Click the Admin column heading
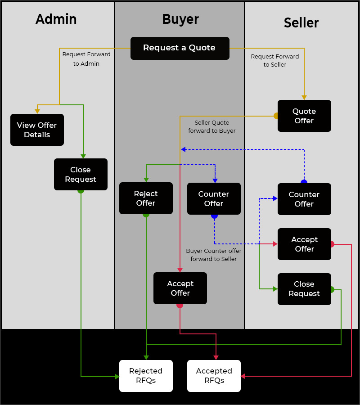pos(56,19)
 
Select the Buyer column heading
pos(180,19)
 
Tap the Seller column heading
pos(301,23)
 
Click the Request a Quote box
pos(180,48)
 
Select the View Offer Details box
pos(37,130)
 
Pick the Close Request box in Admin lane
pos(81,174)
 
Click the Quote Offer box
pos(304,116)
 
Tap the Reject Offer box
pos(146,198)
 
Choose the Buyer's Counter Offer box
pos(214,198)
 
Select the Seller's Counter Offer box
pos(304,199)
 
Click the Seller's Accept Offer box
pos(304,244)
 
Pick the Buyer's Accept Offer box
pos(180,288)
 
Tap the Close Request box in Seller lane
pos(304,289)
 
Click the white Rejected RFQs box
pos(146,376)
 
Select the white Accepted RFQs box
pos(214,376)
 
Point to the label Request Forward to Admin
pos(86,59)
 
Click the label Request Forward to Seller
pos(275,60)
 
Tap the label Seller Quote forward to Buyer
pos(212,126)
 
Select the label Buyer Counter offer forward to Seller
pos(214,255)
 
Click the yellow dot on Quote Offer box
pos(276,116)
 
